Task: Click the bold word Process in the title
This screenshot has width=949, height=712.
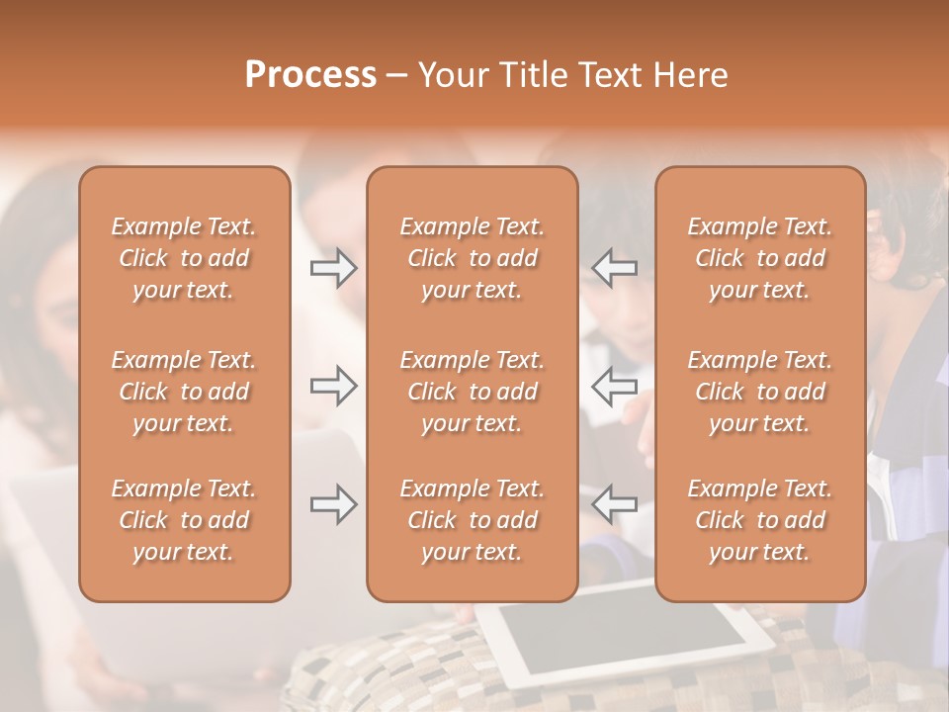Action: (310, 75)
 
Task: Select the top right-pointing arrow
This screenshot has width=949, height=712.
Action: (333, 268)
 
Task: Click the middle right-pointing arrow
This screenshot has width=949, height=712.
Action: (333, 386)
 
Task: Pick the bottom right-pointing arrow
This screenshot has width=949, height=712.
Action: (333, 504)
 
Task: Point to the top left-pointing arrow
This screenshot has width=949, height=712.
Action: (615, 268)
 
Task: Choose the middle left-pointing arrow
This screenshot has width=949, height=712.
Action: (615, 386)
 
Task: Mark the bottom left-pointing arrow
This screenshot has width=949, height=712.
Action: (615, 504)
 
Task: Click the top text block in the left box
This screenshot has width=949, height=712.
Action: (184, 258)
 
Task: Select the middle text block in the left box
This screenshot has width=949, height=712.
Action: (184, 392)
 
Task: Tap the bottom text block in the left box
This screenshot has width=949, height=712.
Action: (184, 520)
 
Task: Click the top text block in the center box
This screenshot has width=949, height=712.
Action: (473, 258)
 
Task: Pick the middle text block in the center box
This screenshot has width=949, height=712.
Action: (473, 392)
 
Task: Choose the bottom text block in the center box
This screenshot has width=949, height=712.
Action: (473, 520)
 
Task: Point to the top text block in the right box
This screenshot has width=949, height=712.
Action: (760, 258)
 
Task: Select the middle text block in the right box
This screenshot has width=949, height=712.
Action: (760, 392)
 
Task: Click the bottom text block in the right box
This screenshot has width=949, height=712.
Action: (760, 520)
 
